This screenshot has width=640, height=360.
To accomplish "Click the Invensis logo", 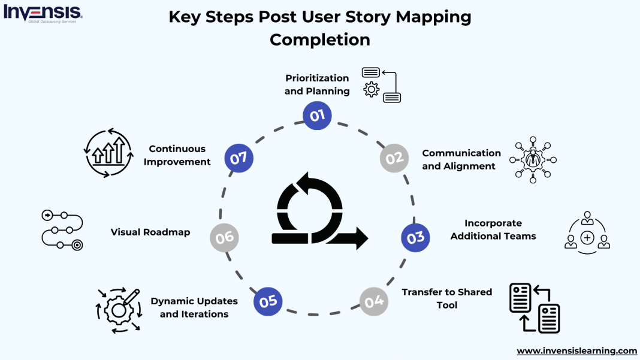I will [x=43, y=13].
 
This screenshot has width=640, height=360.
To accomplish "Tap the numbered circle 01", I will [x=317, y=115].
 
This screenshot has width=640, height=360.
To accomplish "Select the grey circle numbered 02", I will [x=394, y=159].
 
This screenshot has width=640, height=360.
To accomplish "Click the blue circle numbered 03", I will [x=415, y=238].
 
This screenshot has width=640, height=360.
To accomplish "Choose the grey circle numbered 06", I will [x=225, y=238].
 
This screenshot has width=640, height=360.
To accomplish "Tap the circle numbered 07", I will [x=239, y=159].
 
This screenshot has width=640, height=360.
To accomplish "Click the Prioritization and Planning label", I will [x=317, y=84].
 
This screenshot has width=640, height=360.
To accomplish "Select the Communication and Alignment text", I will [x=461, y=160].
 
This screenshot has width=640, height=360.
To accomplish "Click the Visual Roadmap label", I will [x=150, y=232].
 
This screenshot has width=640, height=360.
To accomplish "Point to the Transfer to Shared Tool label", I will [x=446, y=298].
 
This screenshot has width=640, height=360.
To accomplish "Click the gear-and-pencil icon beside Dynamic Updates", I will [x=119, y=310].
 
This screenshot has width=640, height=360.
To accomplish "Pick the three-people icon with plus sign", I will [x=587, y=231].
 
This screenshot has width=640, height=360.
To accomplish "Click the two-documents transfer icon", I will [x=534, y=307].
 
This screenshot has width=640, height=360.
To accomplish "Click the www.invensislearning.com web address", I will [x=576, y=350].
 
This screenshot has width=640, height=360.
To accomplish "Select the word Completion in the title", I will [x=319, y=40].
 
